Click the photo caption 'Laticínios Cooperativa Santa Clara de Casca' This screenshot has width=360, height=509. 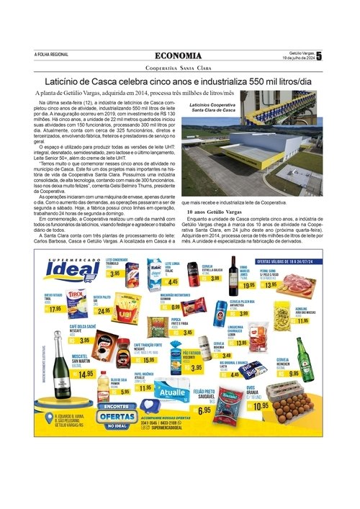pyautogui.click(x=209, y=107)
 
